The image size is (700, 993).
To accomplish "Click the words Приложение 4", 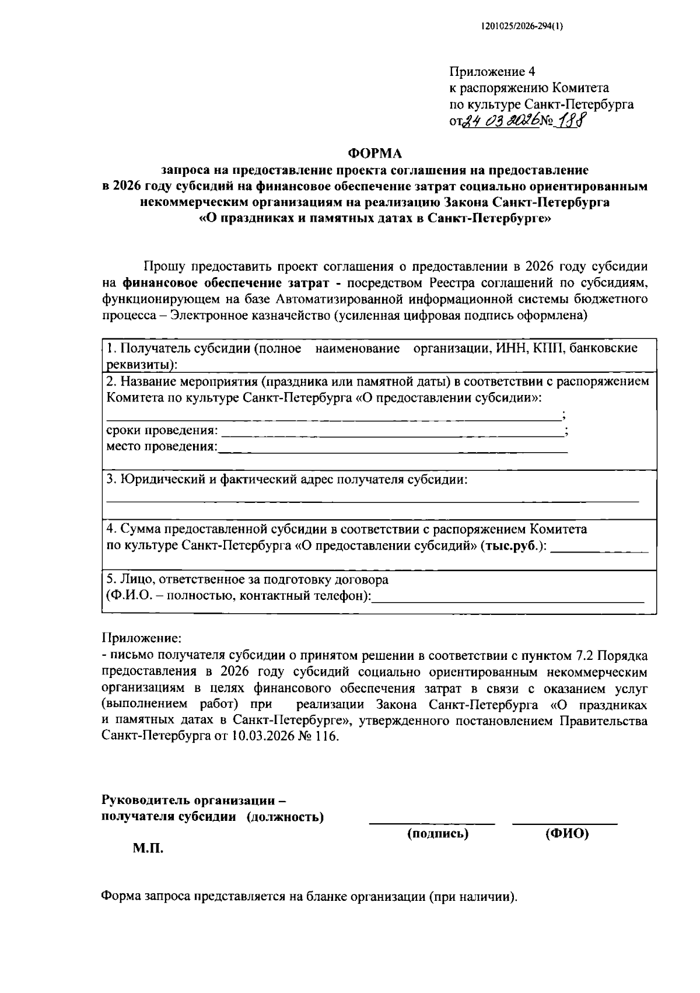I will (492, 72).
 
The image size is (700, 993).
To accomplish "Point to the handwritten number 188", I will (573, 121).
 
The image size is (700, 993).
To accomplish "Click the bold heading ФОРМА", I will (375, 153).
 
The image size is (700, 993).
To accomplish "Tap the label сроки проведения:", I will (162, 431).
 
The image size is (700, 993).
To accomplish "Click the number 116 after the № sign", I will (326, 736).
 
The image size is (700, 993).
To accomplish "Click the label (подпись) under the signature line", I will (437, 834).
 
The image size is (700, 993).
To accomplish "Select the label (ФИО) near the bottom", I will (566, 834).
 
